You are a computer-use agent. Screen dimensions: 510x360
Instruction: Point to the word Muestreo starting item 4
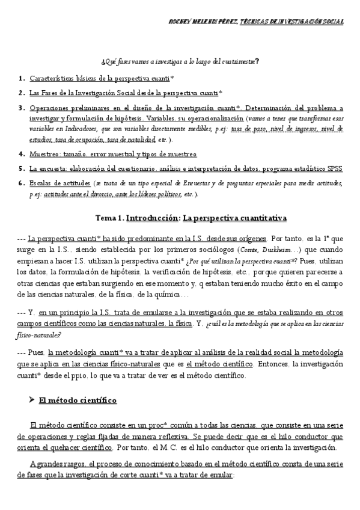(44, 154)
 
